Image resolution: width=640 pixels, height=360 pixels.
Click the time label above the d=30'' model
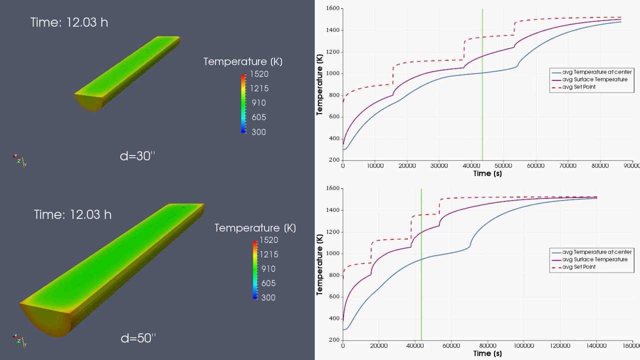pos(69,22)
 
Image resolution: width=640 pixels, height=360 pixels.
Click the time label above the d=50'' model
pos(72,214)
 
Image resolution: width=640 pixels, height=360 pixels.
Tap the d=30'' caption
pos(137,156)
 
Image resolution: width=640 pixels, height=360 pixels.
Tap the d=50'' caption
pos(138,338)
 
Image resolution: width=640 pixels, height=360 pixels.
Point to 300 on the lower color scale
pos(267,297)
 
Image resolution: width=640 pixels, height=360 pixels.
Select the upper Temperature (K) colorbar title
pos(242,61)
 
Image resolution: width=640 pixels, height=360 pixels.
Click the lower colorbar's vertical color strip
pos(255,269)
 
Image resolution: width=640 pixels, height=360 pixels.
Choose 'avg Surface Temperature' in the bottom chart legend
pos(594,259)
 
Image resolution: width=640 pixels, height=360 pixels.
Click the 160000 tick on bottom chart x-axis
pos(631,345)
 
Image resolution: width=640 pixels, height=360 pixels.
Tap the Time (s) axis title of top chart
pos(487,173)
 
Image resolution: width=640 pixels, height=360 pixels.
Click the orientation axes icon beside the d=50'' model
pos(19,340)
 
